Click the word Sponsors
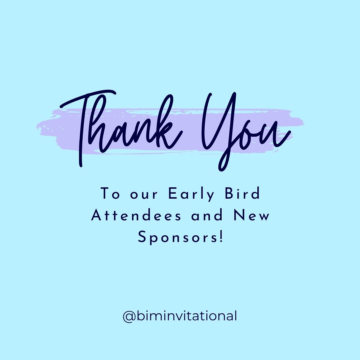[x=177, y=238]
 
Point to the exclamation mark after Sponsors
[x=220, y=237]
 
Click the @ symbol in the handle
[x=128, y=316]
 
